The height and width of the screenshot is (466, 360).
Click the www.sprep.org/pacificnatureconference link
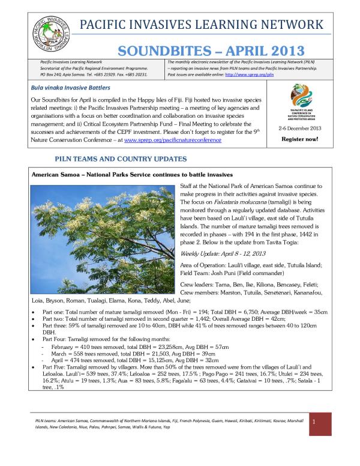[x=173, y=140]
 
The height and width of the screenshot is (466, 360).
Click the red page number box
[x=322, y=429]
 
